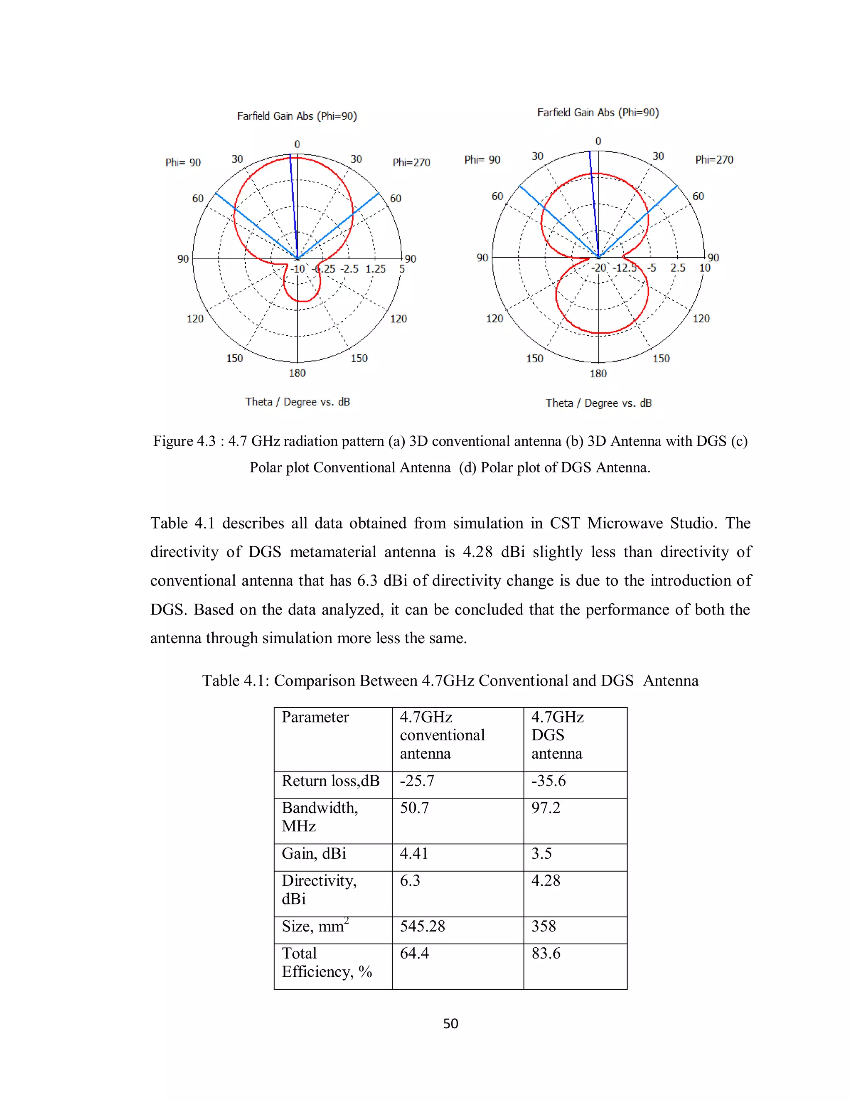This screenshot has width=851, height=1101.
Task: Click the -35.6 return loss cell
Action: pyautogui.click(x=548, y=781)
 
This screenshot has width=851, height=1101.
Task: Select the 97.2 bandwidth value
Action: pyautogui.click(x=546, y=808)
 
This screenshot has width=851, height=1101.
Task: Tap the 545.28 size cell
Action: pyautogui.click(x=422, y=927)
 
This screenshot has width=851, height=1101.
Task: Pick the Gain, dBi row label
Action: pyautogui.click(x=314, y=853)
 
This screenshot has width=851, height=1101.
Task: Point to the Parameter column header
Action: pyautogui.click(x=315, y=718)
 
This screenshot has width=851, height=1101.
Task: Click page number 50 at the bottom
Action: pyautogui.click(x=450, y=1024)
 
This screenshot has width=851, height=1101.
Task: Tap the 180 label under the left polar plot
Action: pyautogui.click(x=297, y=373)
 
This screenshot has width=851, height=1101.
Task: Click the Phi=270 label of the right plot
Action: pyautogui.click(x=714, y=160)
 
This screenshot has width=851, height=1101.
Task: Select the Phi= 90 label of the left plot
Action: pyautogui.click(x=183, y=162)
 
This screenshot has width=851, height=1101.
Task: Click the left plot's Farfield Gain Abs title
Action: pyautogui.click(x=297, y=116)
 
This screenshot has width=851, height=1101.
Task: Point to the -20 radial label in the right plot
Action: pyautogui.click(x=598, y=268)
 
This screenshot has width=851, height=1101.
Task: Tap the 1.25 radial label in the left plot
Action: pyautogui.click(x=376, y=269)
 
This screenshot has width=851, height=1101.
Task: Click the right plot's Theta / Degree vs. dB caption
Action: pyautogui.click(x=598, y=403)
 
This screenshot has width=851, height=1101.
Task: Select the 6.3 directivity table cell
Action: pyautogui.click(x=409, y=881)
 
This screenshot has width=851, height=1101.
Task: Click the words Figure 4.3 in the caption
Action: pyautogui.click(x=184, y=441)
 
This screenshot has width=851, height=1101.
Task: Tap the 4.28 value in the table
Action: pyautogui.click(x=546, y=881)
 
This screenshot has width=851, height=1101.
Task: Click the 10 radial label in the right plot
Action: pyautogui.click(x=704, y=268)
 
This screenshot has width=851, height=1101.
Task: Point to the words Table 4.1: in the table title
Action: pyautogui.click(x=236, y=681)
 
